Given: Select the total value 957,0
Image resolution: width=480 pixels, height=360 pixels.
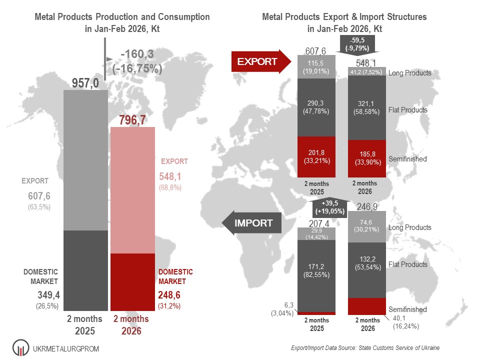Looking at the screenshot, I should tap(85, 83).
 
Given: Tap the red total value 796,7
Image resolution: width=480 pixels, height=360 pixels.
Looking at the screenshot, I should tap(133, 120).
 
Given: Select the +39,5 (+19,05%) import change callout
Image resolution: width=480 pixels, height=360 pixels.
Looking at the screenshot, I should tap(334, 207).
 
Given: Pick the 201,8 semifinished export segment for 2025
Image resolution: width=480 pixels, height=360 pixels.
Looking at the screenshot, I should tap(316, 156).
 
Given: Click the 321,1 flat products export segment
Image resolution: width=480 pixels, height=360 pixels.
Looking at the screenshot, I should tap(366, 107).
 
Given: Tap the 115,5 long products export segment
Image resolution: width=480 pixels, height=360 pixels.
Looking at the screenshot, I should tap(316, 66).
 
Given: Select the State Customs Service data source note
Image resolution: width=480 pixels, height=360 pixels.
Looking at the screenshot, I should tap(364, 347).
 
